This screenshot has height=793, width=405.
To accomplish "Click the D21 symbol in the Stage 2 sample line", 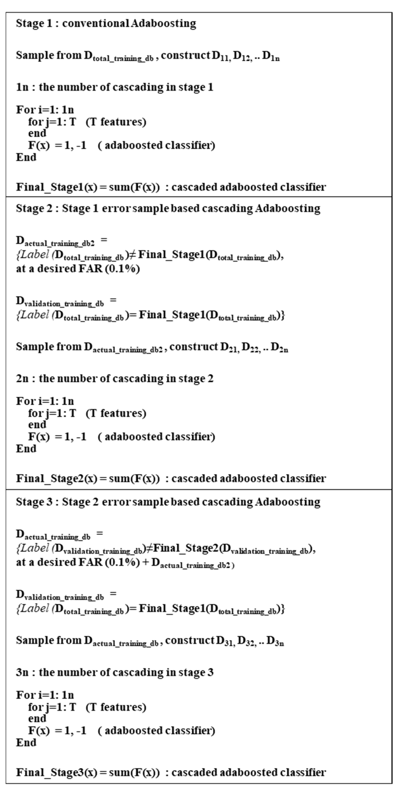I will pos(229,347).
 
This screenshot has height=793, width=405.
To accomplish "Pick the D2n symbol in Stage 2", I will pos(279,347).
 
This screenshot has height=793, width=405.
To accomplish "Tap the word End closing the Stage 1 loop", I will pos(26,157).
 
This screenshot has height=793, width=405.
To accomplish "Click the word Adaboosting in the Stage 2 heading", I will pos(288,208).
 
